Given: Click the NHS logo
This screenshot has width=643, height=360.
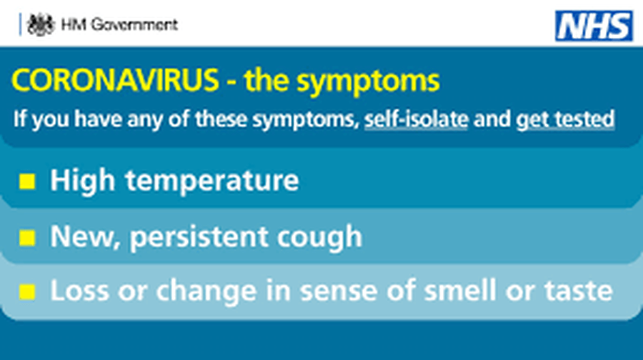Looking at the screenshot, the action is coord(594,26).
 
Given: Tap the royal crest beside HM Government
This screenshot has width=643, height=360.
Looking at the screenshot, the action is coord(40,24).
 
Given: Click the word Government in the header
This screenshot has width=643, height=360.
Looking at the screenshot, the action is coord(134,24).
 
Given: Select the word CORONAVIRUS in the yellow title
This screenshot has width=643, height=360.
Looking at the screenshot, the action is coord(115,80).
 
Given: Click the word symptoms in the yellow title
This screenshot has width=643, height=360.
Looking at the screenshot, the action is coord(368,82).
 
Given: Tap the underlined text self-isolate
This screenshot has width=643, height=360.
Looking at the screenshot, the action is coord(417,119).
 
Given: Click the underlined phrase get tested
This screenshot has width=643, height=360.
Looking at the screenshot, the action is coord(565,120).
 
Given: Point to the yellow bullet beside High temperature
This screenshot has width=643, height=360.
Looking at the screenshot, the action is coord(27,181).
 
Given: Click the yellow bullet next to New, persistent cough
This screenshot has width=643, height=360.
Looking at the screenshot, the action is coord(27,237).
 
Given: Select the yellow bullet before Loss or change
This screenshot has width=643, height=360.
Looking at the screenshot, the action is coord(27,291).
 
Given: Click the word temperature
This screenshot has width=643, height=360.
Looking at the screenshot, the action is coord(212,181).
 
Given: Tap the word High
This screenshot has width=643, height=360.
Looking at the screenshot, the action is coord(82,181).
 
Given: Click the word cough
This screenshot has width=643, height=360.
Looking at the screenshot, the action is coord(320,238).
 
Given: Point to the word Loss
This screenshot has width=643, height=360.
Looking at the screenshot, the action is coord(79,291).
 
